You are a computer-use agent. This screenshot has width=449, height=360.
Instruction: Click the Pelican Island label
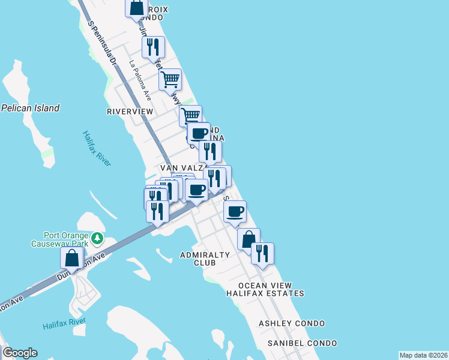tap(31, 109)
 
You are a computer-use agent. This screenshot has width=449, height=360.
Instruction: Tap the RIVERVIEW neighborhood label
tap(130, 112)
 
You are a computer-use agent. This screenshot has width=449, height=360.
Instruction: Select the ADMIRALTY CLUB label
tap(205, 259)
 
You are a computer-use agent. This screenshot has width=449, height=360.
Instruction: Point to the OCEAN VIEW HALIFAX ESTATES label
tap(265, 289)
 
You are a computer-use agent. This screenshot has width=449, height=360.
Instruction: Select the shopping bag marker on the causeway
tap(72, 258)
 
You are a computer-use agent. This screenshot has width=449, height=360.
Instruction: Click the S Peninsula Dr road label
tap(100, 45)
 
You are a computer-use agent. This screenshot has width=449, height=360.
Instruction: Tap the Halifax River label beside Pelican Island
tap(96, 148)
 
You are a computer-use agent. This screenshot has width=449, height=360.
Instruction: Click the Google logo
tap(20, 353)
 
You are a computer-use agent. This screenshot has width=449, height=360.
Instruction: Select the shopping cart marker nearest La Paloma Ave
tap(170, 79)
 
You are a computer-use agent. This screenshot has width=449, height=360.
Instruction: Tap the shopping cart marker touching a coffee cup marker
tap(190, 115)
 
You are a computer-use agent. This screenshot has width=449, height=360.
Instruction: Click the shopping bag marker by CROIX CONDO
tap(137, 8)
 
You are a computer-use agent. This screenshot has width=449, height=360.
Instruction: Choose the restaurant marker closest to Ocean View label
tap(262, 253)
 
